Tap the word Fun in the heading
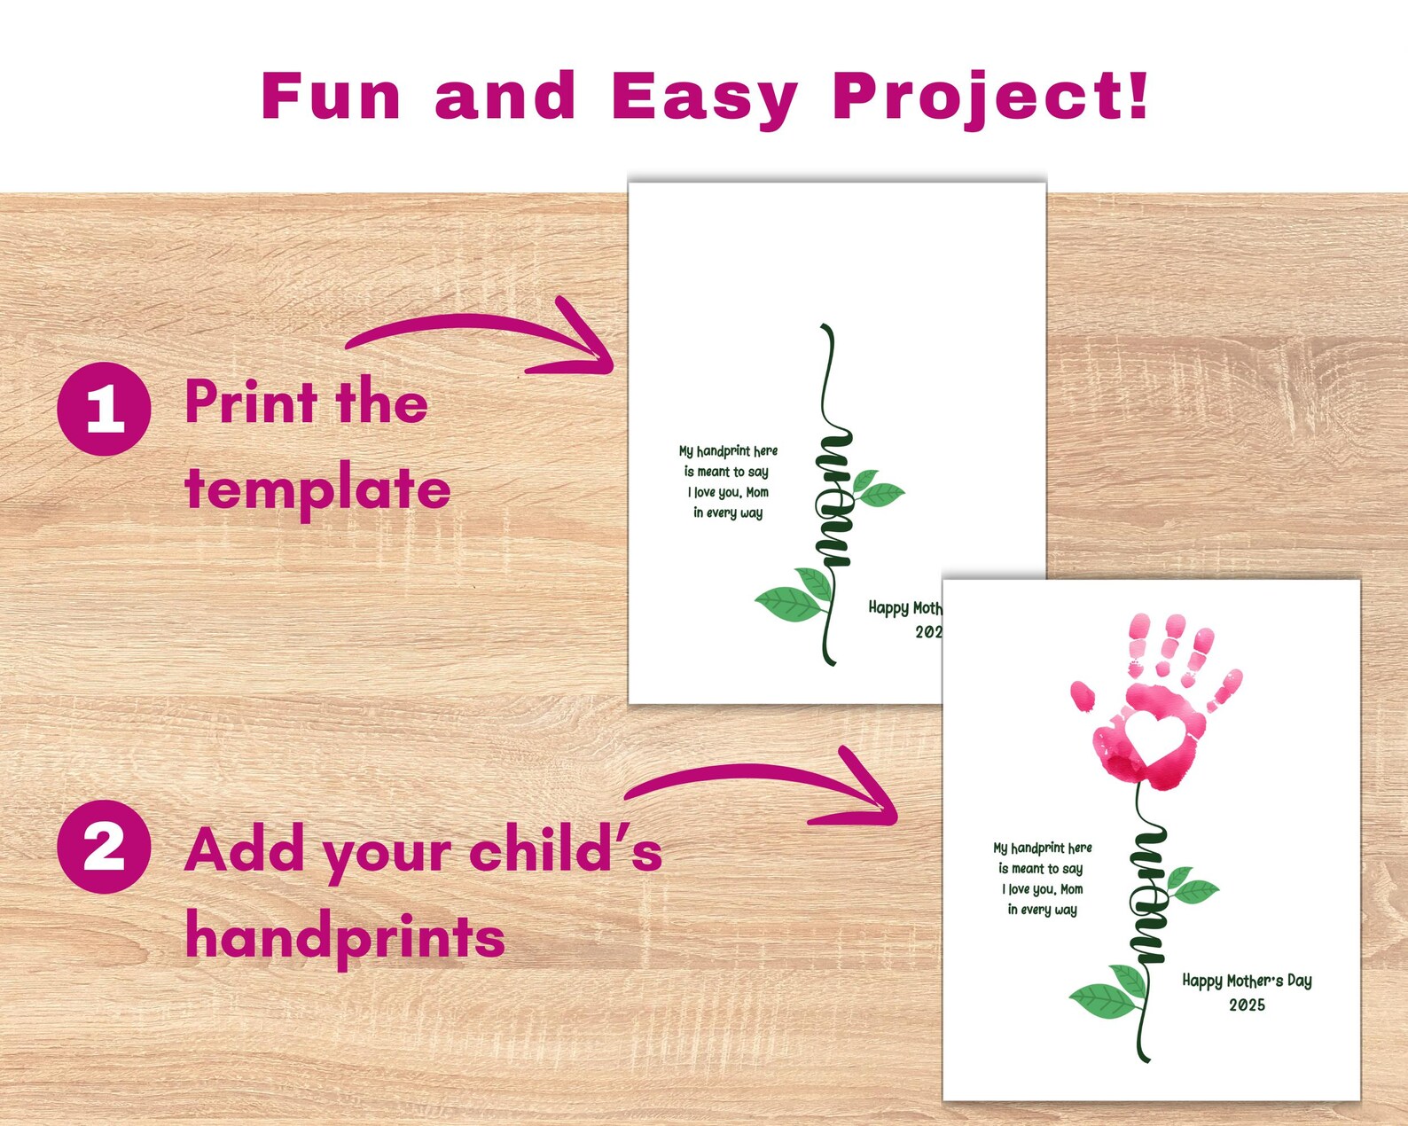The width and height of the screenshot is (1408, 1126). click(331, 96)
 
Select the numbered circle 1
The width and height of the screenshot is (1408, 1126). click(105, 409)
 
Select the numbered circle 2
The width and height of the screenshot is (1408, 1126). click(105, 846)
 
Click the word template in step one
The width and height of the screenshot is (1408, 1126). click(317, 489)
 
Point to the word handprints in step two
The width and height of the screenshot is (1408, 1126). click(345, 937)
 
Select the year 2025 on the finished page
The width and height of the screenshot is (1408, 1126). click(1247, 1005)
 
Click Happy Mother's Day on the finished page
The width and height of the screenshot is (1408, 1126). click(1247, 981)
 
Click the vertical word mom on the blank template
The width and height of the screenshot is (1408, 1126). click(833, 501)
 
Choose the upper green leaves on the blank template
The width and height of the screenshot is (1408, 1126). click(876, 489)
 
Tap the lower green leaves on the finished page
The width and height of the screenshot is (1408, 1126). click(1109, 993)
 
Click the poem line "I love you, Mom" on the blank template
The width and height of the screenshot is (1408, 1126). click(728, 492)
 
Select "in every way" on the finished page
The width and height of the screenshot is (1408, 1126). click(1042, 910)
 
